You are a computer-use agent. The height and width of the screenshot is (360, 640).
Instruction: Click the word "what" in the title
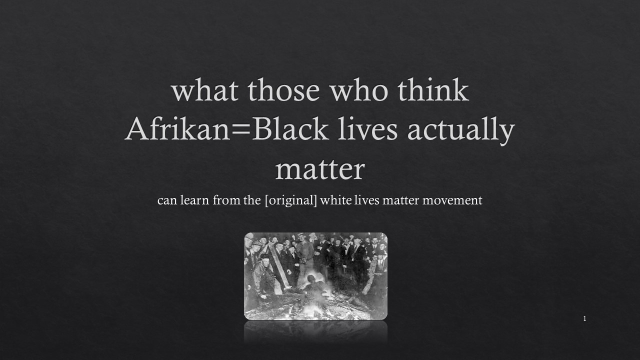click(205, 90)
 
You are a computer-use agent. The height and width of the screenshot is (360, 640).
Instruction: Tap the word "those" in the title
click(283, 90)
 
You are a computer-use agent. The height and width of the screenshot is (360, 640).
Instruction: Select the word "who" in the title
click(359, 90)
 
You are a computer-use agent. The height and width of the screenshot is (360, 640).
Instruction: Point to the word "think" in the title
click(433, 90)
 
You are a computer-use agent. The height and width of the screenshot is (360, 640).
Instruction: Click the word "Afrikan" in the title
click(177, 129)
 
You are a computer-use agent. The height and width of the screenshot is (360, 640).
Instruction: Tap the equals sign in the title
click(241, 130)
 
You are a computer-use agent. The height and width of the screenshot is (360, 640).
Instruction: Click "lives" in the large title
click(367, 129)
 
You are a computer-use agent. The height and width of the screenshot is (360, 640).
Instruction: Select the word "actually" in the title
click(461, 131)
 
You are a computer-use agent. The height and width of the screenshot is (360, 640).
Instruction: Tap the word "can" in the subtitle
click(167, 200)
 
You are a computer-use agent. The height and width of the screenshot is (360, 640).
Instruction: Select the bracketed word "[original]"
click(291, 200)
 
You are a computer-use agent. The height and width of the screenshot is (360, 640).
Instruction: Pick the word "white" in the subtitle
click(335, 199)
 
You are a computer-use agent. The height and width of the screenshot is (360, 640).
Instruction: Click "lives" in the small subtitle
click(367, 199)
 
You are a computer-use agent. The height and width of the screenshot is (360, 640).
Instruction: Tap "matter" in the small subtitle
click(401, 200)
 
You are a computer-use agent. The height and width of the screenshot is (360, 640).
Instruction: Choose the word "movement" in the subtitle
click(452, 200)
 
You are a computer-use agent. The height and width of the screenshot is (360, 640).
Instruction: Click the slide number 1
click(585, 319)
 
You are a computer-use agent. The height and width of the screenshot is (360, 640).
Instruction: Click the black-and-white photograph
click(315, 276)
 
